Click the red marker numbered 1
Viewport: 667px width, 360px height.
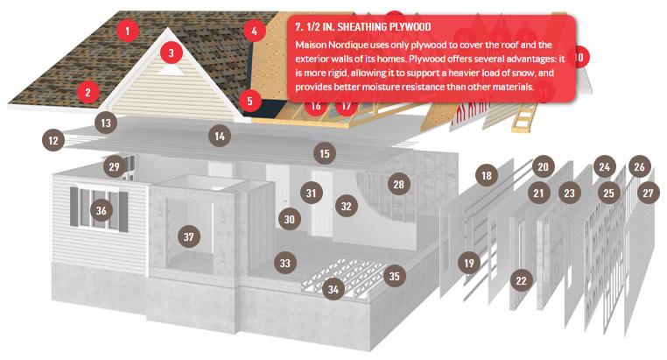(x=127, y=30)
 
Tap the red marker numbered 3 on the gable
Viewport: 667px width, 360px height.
(x=171, y=53)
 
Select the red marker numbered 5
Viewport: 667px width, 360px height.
(x=249, y=101)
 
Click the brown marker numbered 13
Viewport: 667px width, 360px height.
(x=106, y=123)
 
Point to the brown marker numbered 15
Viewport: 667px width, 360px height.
(x=324, y=153)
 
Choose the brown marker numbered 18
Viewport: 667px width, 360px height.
(x=486, y=175)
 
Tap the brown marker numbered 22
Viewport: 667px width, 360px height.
(x=521, y=280)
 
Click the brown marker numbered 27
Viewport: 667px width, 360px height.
(x=648, y=194)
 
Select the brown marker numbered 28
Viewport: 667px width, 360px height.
(x=398, y=184)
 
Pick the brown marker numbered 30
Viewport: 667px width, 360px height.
(x=289, y=219)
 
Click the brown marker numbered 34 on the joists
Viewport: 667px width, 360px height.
(x=333, y=289)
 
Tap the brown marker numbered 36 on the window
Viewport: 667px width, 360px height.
(x=102, y=210)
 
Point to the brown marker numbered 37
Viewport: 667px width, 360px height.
(x=189, y=236)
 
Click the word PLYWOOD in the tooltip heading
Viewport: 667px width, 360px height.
(x=410, y=27)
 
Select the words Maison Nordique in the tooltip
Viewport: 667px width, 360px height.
(x=326, y=45)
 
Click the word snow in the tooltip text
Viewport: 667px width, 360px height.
(x=524, y=73)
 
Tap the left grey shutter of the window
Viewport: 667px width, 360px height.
(x=74, y=207)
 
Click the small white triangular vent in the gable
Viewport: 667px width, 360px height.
(x=171, y=71)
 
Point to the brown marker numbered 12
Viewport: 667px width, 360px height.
(x=53, y=140)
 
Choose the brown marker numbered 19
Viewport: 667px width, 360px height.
(x=469, y=263)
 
